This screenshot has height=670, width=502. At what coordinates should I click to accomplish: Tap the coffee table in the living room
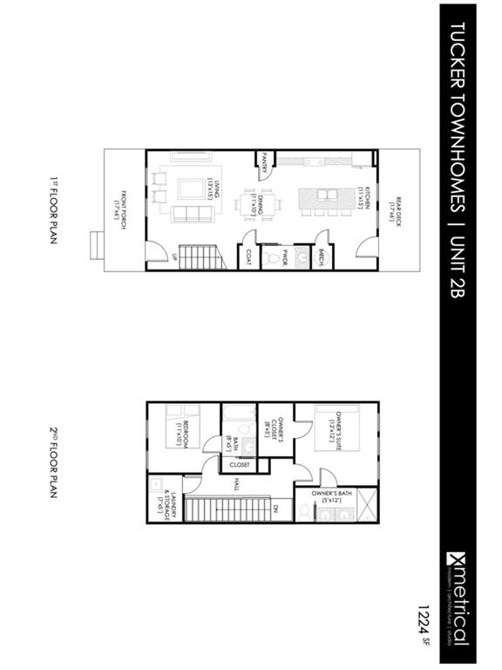tap(189, 189)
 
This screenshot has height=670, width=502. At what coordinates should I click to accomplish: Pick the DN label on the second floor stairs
tap(275, 508)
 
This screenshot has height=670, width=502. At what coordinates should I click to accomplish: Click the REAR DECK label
tap(391, 205)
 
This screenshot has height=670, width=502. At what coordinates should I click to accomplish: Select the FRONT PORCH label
tap(119, 205)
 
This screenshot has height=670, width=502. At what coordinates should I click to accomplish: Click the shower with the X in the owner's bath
tap(365, 505)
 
